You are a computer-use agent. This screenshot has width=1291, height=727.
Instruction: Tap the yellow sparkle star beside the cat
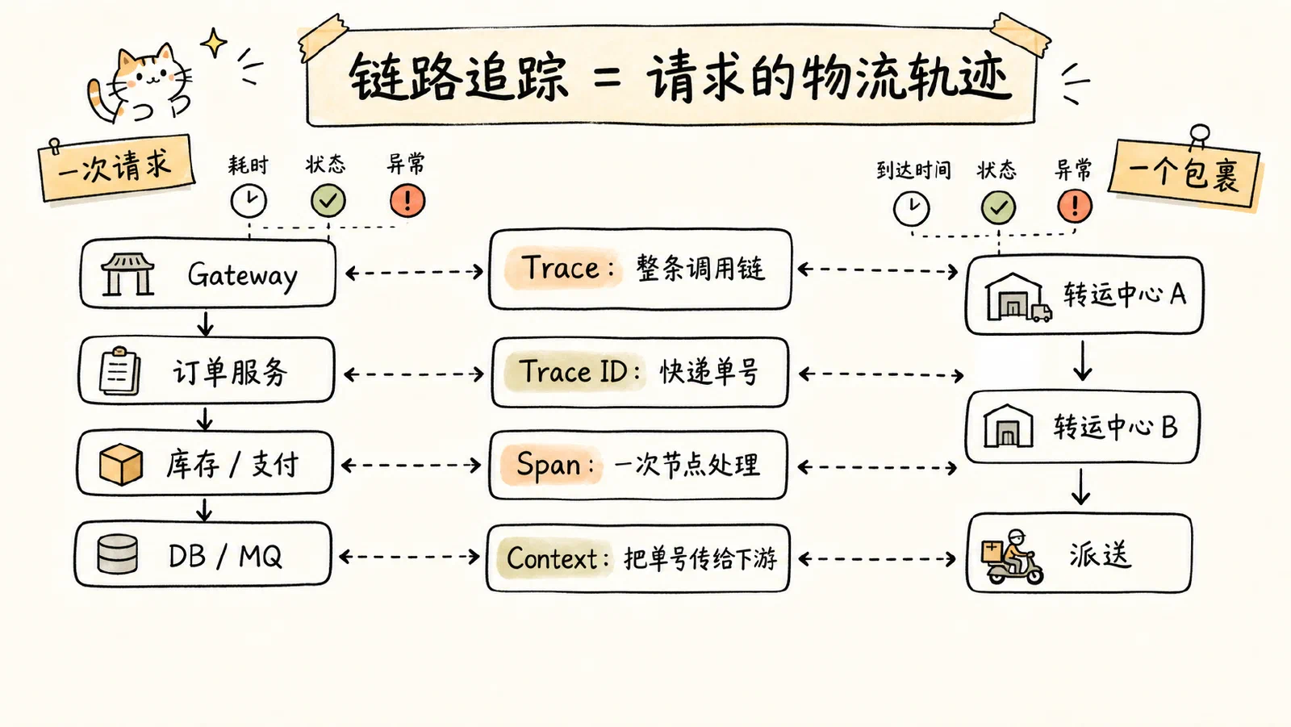(214, 42)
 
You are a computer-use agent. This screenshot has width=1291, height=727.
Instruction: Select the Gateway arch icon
(127, 274)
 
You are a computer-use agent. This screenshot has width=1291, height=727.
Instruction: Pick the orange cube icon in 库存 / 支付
(121, 464)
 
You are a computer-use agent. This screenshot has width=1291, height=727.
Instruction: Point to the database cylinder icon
(118, 554)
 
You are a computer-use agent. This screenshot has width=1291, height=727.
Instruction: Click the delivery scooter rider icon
(1013, 557)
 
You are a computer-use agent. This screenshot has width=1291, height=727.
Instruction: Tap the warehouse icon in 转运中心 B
(1008, 426)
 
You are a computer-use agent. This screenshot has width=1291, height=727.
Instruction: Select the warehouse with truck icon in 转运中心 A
(1017, 297)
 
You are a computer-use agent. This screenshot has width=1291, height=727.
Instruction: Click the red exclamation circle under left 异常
(407, 201)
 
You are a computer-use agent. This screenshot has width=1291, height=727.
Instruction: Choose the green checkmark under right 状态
(998, 207)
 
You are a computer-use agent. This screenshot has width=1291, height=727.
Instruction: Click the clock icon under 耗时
(249, 201)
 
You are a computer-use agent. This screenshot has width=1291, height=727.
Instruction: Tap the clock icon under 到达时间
(911, 208)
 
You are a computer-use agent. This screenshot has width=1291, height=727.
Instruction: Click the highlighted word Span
(548, 465)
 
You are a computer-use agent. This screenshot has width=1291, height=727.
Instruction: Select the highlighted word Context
(552, 558)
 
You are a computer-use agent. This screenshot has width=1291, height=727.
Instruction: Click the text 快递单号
(709, 372)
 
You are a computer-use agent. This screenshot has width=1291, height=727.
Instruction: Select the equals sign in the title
(607, 78)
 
